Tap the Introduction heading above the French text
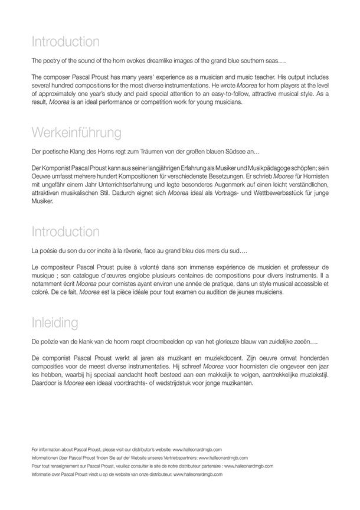[66, 231]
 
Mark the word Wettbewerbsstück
[245, 192]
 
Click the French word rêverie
[150, 251]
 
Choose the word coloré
[41, 292]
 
